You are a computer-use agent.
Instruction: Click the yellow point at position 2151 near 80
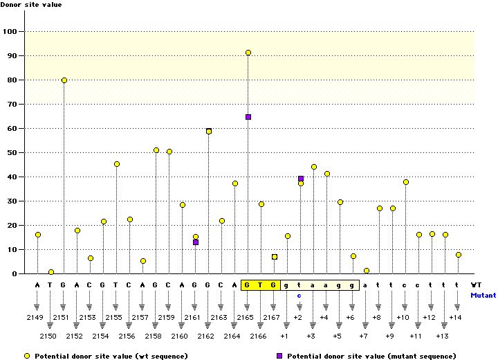pos(64,80)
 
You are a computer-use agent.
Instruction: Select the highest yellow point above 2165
pos(248,53)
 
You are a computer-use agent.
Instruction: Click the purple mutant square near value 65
pos(248,117)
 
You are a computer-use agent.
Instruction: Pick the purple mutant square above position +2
pos(301,179)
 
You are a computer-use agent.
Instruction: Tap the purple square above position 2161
pos(196,242)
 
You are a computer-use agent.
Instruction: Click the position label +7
pos(363,336)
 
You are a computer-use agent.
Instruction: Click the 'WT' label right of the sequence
pos(476,285)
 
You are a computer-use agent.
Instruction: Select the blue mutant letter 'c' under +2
pos(299,295)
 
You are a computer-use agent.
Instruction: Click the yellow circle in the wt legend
pos(27,355)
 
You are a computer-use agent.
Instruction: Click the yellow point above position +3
pos(314,167)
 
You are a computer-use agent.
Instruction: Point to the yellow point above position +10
pos(406,182)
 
